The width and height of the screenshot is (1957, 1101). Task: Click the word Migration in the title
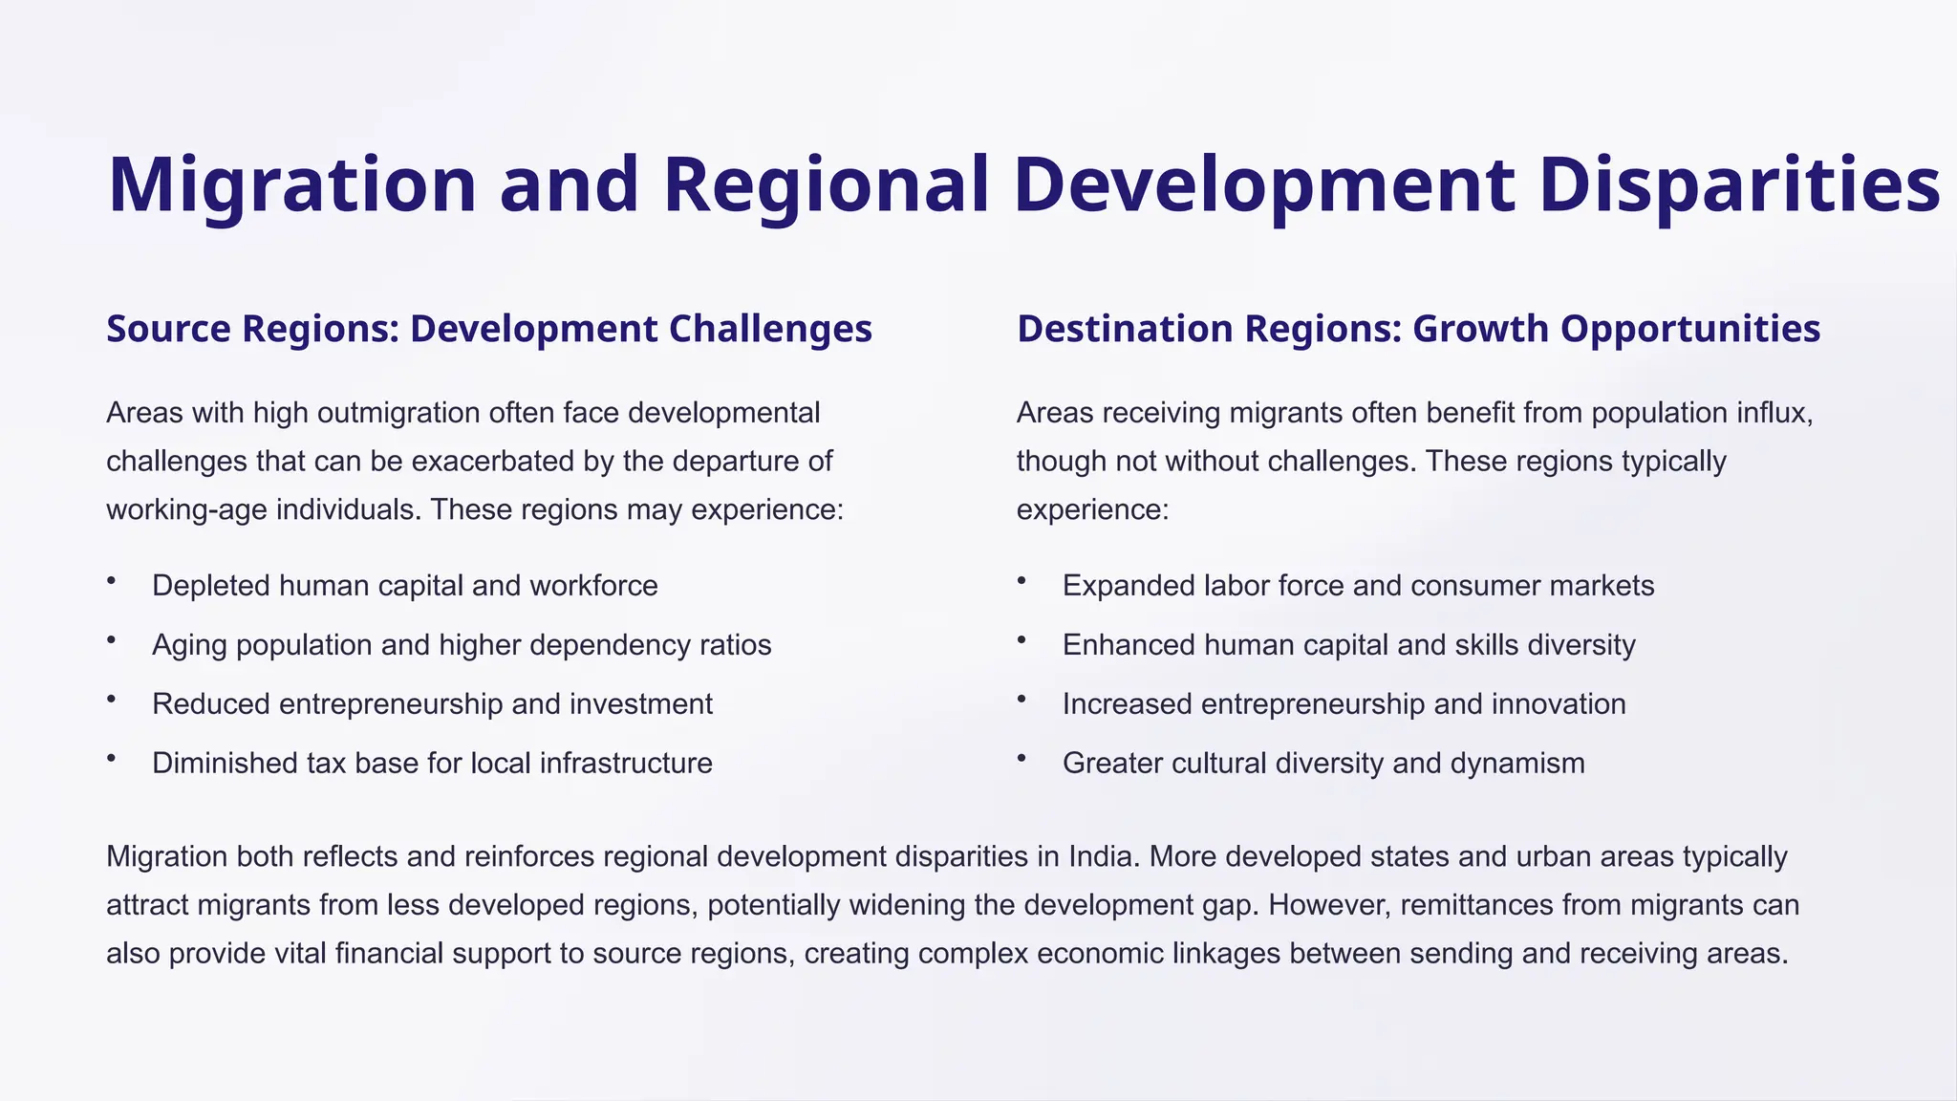pos(291,184)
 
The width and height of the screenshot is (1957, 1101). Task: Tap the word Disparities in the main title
pos(1739,184)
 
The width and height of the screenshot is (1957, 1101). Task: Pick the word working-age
pos(186,509)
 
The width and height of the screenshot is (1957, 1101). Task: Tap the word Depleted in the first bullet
pos(210,586)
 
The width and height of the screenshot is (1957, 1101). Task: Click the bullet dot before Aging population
pos(111,639)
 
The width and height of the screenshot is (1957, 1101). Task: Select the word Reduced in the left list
pos(211,704)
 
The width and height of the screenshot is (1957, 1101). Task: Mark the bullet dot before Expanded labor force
pos(1022,580)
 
